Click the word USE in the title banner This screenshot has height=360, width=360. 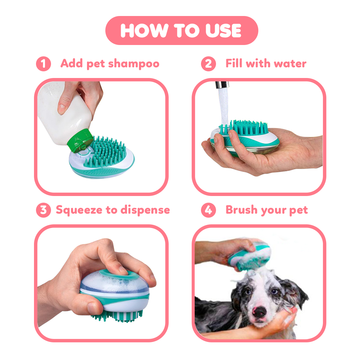click(x=223, y=31)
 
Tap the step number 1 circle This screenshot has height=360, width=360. click(x=43, y=64)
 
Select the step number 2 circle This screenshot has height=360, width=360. click(x=208, y=64)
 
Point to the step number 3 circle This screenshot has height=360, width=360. click(x=43, y=210)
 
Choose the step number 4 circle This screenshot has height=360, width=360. click(x=208, y=210)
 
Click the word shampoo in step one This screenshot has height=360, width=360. click(x=134, y=64)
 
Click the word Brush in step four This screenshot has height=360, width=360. click(x=242, y=210)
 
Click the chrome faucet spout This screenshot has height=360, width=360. click(x=222, y=85)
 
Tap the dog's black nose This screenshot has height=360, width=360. click(x=259, y=312)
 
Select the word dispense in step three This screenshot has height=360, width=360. click(x=145, y=210)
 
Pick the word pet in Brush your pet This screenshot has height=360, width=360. click(x=298, y=210)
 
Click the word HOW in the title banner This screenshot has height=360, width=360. click(x=144, y=31)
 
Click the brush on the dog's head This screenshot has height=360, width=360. click(x=250, y=255)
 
